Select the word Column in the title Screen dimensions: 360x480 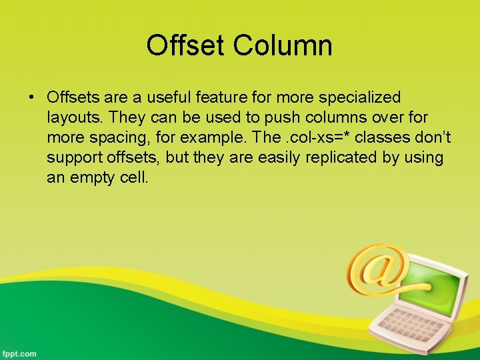pyautogui.click(x=283, y=45)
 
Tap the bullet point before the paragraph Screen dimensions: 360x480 pyautogui.click(x=31, y=98)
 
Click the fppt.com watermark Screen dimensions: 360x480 pyautogui.click(x=19, y=353)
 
